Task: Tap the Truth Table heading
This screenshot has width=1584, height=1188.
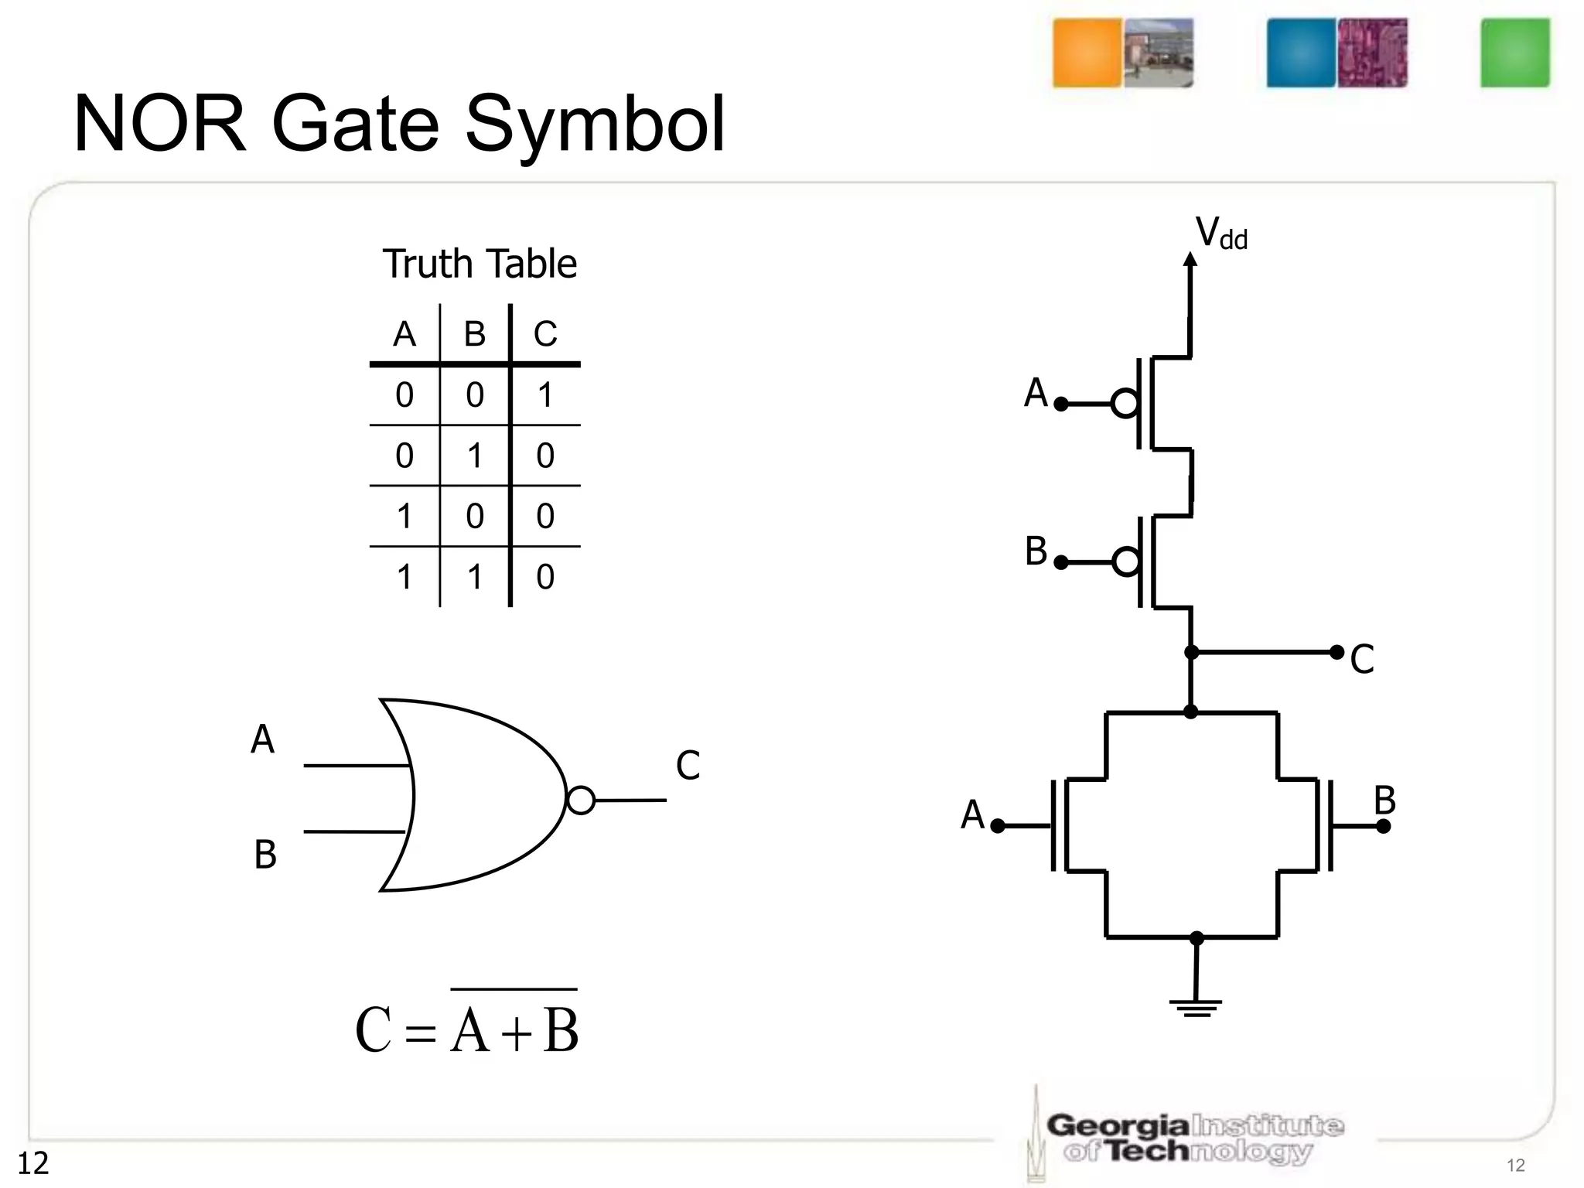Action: point(480,265)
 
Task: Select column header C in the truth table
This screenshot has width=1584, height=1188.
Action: point(545,334)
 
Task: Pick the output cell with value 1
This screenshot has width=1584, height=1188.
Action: point(545,395)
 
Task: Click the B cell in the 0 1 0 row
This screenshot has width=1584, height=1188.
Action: point(475,456)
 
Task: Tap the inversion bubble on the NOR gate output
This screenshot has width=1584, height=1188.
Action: point(581,800)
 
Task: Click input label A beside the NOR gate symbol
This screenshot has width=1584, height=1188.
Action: point(263,740)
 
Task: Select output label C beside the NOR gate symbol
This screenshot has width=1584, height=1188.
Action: point(688,766)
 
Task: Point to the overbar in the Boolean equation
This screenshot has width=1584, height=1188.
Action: point(514,989)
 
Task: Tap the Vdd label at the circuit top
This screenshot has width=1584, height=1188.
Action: point(1221,233)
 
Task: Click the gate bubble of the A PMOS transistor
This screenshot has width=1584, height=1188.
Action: point(1125,404)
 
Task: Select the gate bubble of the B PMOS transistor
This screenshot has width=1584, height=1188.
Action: point(1126,562)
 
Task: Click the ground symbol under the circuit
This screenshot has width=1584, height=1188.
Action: point(1196,1007)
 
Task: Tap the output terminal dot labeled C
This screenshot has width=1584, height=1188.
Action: point(1336,652)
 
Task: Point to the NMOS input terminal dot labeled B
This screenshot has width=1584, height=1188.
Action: point(1384,826)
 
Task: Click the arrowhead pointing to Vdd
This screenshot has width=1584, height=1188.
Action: point(1191,259)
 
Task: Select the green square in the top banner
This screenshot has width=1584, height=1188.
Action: point(1514,53)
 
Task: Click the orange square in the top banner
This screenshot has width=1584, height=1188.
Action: point(1087,53)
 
